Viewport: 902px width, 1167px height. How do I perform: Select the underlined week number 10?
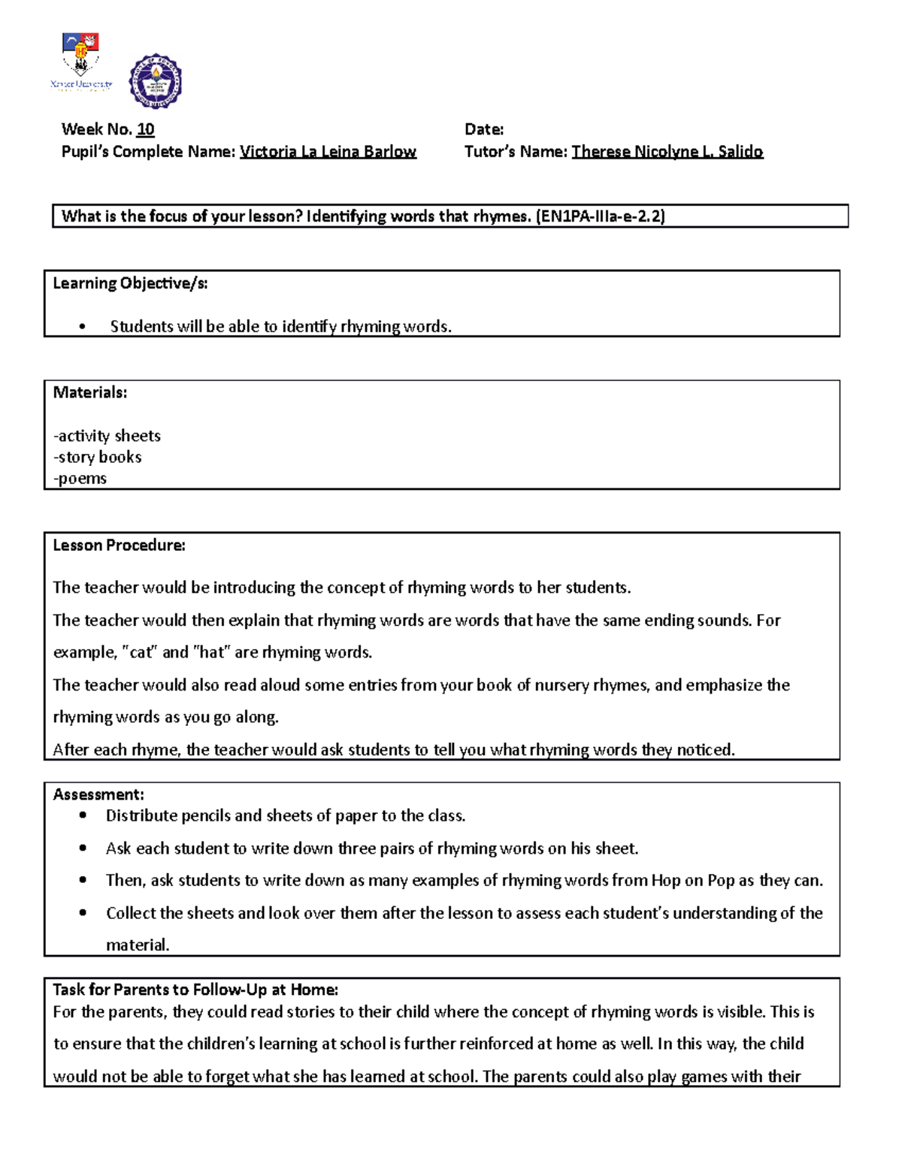click(x=145, y=129)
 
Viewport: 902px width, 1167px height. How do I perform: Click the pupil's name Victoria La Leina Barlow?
click(x=328, y=152)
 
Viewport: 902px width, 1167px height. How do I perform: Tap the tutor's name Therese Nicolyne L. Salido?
click(x=667, y=152)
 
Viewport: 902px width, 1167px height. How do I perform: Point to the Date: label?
click(x=484, y=129)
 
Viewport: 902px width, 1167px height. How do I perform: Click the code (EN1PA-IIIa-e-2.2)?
click(x=600, y=216)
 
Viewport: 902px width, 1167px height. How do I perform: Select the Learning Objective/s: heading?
click(x=130, y=283)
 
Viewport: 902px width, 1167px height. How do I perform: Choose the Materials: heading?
click(x=90, y=392)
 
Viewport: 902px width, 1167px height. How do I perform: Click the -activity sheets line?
click(x=107, y=436)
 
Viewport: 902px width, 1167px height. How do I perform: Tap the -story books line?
click(x=98, y=457)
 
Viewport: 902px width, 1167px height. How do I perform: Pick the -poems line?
click(x=80, y=479)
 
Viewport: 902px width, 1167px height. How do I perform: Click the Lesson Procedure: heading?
click(x=119, y=546)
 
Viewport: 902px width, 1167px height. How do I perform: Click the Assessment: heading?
click(x=98, y=794)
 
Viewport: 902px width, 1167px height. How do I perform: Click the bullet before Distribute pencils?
click(x=83, y=816)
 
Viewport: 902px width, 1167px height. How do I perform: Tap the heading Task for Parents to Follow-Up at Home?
click(x=195, y=990)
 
